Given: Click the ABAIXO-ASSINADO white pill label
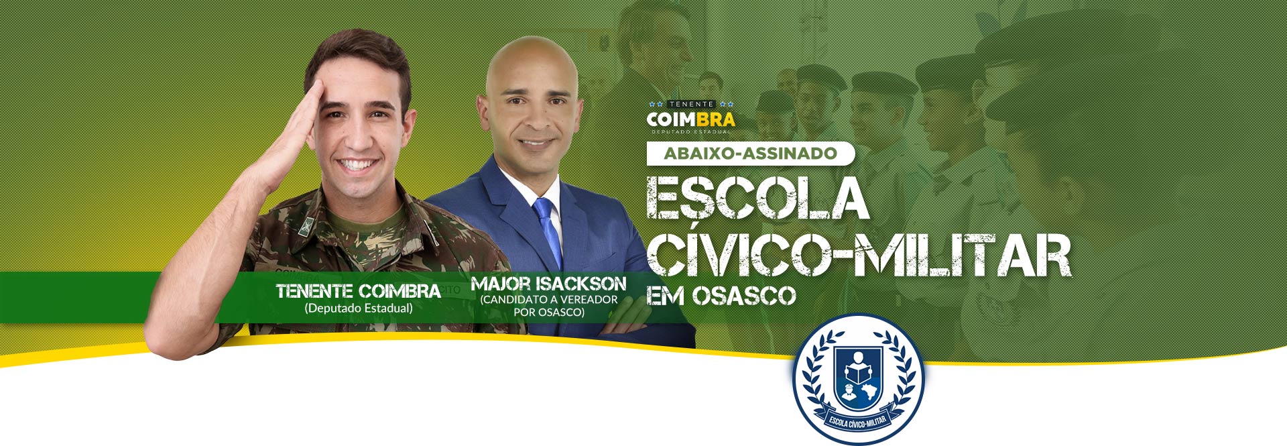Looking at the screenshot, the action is [751, 154].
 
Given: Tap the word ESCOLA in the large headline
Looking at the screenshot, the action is [757, 197].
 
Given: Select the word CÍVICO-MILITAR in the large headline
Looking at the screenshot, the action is [859, 255].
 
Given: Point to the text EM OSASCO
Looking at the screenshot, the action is [721, 295].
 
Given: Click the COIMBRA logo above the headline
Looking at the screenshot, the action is [691, 117].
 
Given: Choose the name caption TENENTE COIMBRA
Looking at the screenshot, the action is [359, 291].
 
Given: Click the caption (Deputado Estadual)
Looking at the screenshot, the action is [359, 309].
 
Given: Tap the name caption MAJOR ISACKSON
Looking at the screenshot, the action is [549, 284].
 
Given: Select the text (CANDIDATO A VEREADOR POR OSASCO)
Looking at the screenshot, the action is [549, 306].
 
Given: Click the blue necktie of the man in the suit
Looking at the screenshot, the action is [549, 231].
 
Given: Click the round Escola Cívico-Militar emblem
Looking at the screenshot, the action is [858, 380].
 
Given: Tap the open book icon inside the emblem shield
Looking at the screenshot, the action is [858, 370].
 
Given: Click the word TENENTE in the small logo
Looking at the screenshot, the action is [691, 105].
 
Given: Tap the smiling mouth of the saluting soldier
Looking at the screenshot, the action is [357, 164].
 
